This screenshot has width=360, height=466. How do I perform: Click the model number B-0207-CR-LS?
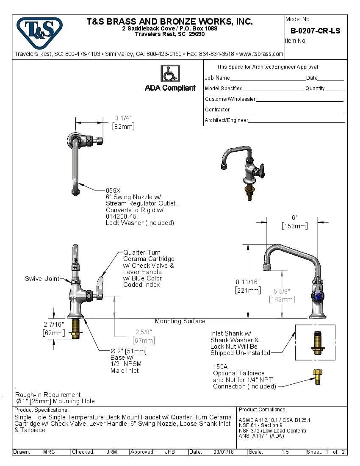coord(315,31)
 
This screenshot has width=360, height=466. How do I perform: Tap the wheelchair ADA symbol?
coord(170,74)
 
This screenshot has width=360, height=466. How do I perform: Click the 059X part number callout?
coord(113,191)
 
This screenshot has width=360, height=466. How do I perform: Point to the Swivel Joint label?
coord(42,279)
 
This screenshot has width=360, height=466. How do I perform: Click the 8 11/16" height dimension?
coord(248,282)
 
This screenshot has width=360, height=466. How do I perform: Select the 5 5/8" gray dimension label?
coord(282,291)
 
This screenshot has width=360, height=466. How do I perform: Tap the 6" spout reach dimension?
coord(295,218)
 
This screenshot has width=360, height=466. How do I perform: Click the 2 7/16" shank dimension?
coord(54,324)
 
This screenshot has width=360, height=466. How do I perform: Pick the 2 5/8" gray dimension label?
coord(144,332)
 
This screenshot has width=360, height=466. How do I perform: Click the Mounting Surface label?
coord(180,321)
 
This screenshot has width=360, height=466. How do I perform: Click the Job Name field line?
coord(268,78)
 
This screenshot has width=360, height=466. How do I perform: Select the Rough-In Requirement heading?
coord(49,394)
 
